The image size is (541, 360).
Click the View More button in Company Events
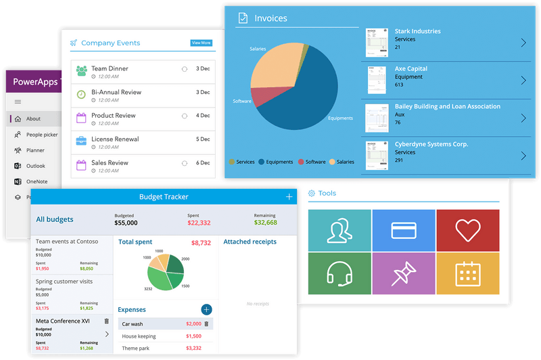(x=201, y=43)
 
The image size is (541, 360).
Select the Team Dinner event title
(x=110, y=68)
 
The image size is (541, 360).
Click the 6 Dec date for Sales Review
(x=203, y=163)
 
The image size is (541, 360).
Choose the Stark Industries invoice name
(x=417, y=31)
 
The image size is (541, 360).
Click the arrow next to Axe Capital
(x=523, y=81)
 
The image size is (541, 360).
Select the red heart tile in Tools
(x=468, y=230)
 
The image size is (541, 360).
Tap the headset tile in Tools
(x=339, y=273)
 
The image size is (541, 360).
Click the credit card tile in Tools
(x=403, y=230)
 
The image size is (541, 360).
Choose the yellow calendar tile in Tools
(x=468, y=273)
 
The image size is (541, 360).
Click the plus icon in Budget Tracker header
(x=289, y=197)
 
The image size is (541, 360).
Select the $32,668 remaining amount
(x=265, y=223)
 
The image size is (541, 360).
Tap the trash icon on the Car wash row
(x=208, y=324)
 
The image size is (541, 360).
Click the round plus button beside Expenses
(x=206, y=309)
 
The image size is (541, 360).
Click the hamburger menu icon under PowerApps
(x=18, y=102)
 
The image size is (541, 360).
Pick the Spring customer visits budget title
(x=64, y=282)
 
